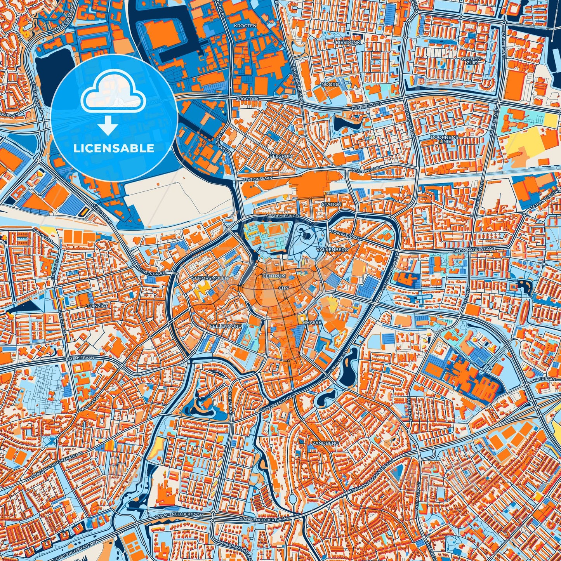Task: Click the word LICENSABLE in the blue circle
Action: click(x=114, y=148)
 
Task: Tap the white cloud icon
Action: click(x=113, y=94)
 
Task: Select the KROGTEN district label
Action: click(x=245, y=26)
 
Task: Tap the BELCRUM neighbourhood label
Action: click(x=280, y=156)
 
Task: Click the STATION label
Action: click(x=332, y=204)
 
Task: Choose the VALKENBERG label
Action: click(x=332, y=249)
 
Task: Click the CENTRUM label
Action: click(x=274, y=276)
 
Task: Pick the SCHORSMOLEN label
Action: click(x=210, y=279)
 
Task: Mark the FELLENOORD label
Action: click(x=226, y=327)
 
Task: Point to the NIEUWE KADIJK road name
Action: click(x=367, y=105)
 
